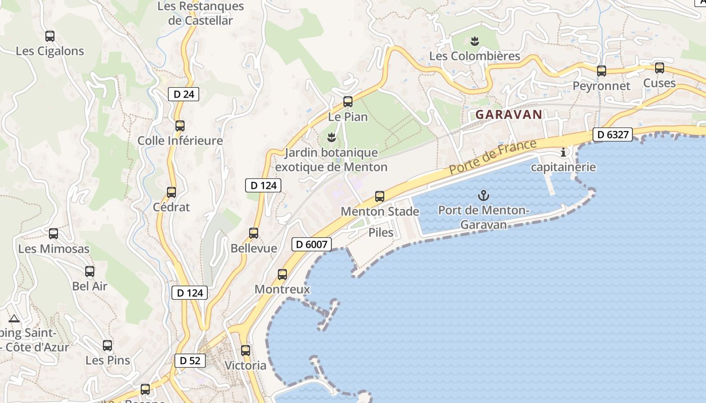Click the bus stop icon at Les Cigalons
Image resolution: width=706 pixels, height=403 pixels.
(50, 36)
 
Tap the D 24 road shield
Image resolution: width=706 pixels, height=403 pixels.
(184, 94)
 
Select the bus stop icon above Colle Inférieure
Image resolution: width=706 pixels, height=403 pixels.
(180, 126)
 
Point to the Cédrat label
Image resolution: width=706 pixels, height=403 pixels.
(171, 207)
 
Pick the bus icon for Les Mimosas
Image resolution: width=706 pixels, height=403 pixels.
(53, 234)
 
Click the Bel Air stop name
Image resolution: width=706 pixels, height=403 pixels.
(90, 286)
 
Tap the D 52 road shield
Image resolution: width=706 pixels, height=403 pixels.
(190, 360)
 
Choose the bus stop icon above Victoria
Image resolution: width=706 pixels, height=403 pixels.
(246, 350)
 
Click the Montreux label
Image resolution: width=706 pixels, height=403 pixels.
(282, 290)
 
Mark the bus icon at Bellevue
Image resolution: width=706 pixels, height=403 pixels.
(254, 233)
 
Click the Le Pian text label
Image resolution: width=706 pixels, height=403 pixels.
(348, 117)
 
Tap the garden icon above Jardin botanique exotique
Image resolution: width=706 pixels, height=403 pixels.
(331, 137)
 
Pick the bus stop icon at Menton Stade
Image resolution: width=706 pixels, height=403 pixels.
(380, 196)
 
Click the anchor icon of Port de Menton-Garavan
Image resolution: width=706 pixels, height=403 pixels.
(484, 194)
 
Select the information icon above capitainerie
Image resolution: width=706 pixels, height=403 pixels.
(563, 152)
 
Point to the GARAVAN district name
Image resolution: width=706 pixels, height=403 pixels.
(509, 114)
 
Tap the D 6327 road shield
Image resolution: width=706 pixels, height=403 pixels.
(612, 135)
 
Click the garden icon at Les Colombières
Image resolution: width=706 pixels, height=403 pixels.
(474, 40)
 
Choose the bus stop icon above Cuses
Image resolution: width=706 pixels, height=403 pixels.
(660, 68)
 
